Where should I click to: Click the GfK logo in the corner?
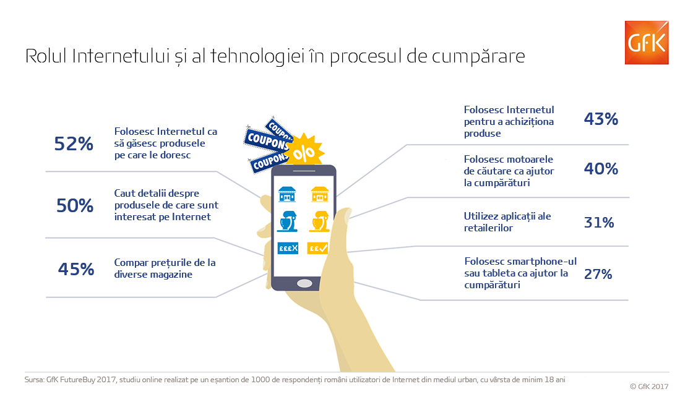click(646, 43)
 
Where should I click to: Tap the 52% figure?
click(74, 143)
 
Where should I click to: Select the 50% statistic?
click(75, 205)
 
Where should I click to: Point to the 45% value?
click(76, 269)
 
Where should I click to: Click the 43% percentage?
click(601, 119)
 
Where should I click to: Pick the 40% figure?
click(601, 168)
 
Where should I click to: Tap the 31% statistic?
click(600, 222)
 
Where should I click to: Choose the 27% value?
click(598, 274)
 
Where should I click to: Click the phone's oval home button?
click(304, 283)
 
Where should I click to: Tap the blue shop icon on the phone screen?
click(287, 194)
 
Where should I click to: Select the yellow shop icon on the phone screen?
click(319, 194)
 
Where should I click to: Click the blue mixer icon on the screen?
click(287, 221)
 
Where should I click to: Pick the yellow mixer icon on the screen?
click(319, 221)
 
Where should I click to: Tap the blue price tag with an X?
click(288, 248)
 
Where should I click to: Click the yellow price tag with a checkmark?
click(318, 248)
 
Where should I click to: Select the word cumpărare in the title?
click(478, 57)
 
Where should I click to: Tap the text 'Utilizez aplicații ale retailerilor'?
click(507, 222)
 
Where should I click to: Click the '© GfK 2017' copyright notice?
click(649, 387)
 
